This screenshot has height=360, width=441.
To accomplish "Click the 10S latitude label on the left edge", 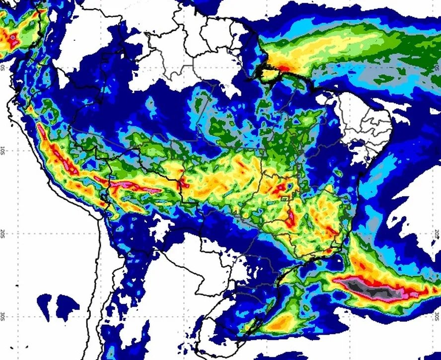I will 3,149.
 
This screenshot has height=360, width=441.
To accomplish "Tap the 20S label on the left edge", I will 3,232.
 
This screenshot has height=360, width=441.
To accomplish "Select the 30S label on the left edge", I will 3,316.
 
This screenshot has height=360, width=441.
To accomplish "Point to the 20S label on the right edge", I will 438,233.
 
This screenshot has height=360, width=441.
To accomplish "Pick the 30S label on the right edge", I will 438,316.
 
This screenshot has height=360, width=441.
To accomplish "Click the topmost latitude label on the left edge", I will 3,67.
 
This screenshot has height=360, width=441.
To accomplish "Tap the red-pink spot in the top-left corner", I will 11,37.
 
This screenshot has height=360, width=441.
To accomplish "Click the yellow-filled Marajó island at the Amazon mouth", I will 269,75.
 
